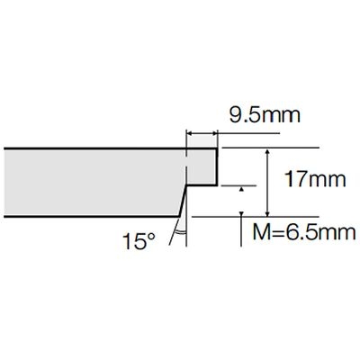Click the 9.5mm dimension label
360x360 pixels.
[x=265, y=115]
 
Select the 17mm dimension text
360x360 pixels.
[x=315, y=179]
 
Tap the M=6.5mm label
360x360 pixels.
[x=304, y=232]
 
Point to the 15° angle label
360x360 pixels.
[x=139, y=241]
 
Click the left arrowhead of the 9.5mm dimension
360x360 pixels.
[x=189, y=132]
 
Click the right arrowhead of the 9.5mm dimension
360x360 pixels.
[x=215, y=132]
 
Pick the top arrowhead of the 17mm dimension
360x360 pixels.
[x=268, y=151]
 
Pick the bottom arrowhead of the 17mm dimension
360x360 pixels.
[x=268, y=213]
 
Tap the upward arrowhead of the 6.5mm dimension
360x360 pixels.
[x=241, y=189]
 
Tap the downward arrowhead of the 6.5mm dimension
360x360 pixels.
[x=241, y=213]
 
